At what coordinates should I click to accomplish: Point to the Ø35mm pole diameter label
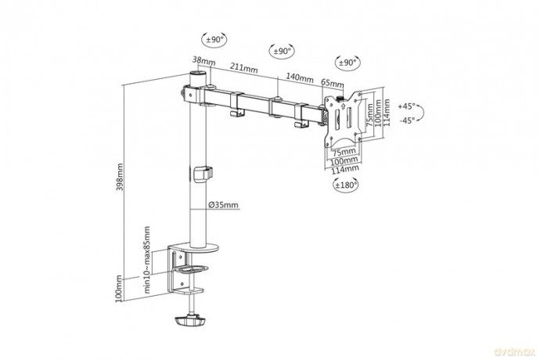[224, 205]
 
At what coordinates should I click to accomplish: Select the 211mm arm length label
[244, 68]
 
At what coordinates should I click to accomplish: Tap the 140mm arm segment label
[300, 77]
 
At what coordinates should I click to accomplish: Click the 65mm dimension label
[333, 83]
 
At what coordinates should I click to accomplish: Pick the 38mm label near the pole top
[204, 60]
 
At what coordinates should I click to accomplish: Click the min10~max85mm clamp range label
[147, 260]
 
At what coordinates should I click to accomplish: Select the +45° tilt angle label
[407, 106]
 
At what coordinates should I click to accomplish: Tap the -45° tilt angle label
[407, 121]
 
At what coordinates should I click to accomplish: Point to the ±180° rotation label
[346, 185]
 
